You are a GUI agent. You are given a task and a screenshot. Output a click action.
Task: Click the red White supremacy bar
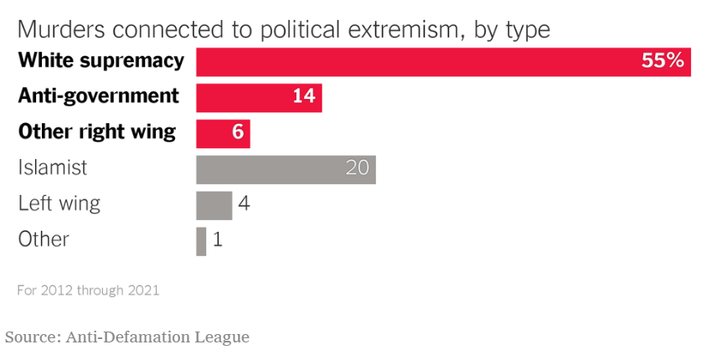click(x=419, y=62)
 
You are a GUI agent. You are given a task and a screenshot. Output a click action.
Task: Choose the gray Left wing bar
click(x=214, y=205)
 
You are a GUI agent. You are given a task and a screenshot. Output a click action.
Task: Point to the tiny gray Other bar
click(x=201, y=241)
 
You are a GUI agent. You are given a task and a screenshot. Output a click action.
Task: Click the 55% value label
click(x=663, y=62)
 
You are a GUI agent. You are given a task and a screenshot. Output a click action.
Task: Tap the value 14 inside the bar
click(x=303, y=97)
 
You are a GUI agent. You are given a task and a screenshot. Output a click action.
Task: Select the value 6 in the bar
click(x=237, y=133)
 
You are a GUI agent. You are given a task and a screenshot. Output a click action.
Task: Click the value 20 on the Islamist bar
click(x=357, y=169)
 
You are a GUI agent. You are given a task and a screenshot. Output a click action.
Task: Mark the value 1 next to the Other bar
click(x=218, y=241)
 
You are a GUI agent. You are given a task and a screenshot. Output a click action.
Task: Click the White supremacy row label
click(x=101, y=61)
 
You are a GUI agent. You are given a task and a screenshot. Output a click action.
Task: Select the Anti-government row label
click(x=99, y=96)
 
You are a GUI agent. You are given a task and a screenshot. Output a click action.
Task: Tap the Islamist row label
click(x=53, y=167)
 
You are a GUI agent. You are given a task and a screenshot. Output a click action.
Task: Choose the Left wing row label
click(x=59, y=203)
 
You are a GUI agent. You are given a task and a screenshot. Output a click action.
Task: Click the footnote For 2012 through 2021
click(x=88, y=291)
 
